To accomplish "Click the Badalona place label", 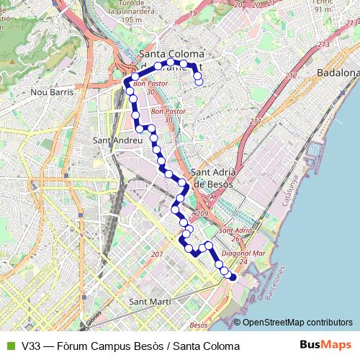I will click(338, 73).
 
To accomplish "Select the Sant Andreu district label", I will click(119, 140).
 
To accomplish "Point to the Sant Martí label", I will click(149, 301).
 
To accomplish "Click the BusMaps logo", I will click(325, 345).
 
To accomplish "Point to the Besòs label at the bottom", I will click(198, 325).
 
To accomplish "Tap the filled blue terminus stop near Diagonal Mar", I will click(232, 277).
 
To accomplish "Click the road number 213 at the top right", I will click(322, 45).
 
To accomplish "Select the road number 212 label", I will click(291, 76).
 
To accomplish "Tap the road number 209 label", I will click(201, 214).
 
